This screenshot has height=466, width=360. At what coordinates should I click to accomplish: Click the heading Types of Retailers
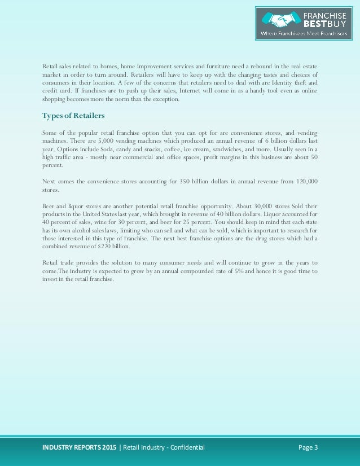click(x=73, y=116)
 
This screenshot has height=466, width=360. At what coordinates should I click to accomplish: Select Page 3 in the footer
click(x=308, y=448)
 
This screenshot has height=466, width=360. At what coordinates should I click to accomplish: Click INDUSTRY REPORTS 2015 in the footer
click(x=79, y=448)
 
